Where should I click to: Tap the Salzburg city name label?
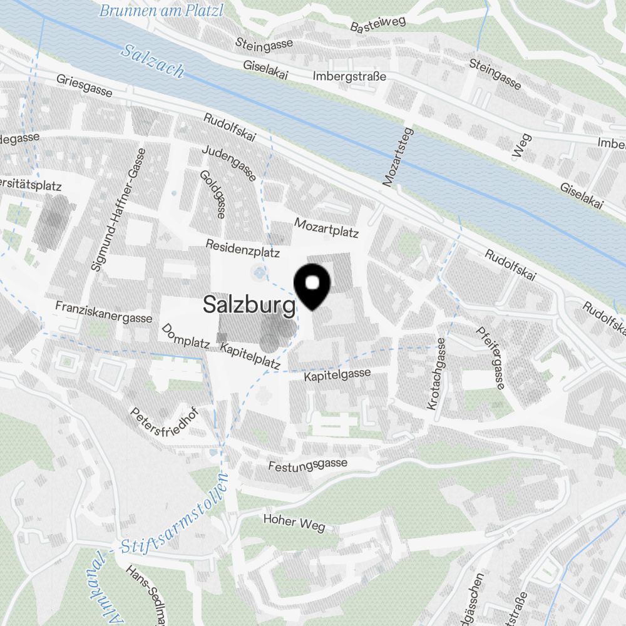pos(249,305)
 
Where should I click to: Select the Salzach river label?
pos(153,61)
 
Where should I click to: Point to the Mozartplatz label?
pos(326,228)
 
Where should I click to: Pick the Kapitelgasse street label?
pos(337,376)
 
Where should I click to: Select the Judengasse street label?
pos(228,164)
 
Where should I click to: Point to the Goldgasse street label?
pos(213,194)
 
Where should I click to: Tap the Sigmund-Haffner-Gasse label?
pos(119,209)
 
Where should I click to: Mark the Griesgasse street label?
pos(85,86)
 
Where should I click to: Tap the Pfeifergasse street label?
pos(491,358)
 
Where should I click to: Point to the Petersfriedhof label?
pos(159,425)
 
